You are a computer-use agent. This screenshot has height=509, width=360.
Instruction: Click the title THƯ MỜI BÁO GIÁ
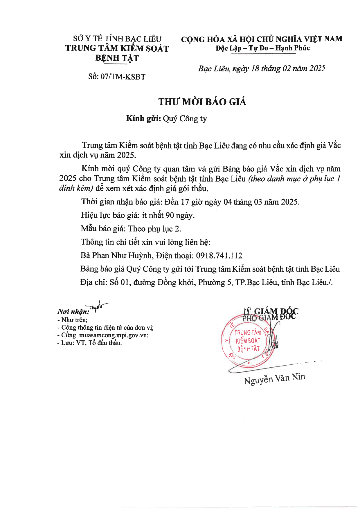point(202,102)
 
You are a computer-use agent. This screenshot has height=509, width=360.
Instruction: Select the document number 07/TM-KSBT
point(123,77)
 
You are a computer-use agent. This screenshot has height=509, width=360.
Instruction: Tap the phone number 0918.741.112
point(219,256)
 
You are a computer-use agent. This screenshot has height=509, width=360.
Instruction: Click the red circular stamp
point(248,341)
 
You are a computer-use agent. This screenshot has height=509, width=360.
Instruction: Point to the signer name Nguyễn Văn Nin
point(274,378)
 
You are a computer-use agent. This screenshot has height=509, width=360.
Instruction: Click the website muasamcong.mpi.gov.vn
point(114,335)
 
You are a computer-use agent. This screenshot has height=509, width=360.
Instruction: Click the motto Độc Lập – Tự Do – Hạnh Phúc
point(262,48)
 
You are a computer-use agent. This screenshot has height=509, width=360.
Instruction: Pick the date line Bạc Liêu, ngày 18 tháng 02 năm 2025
point(262,68)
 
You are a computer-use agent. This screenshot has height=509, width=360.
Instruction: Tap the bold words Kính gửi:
point(143,118)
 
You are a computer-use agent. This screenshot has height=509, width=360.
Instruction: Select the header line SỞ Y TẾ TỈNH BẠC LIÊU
point(117,39)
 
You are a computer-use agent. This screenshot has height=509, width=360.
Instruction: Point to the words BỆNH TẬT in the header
point(117,58)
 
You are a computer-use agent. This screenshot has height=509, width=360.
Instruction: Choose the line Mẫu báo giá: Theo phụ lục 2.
point(131,229)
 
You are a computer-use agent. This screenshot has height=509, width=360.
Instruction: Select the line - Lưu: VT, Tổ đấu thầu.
point(90,343)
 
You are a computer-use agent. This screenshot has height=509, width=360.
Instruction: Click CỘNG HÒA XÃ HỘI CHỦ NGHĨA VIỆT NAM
point(262,39)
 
